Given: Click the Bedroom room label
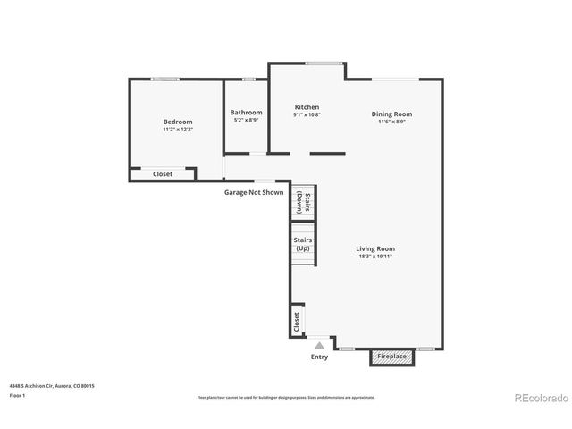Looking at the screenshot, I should click(x=177, y=122).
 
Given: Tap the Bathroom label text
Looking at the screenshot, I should click(x=248, y=113).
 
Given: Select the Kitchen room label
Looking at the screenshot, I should click(x=307, y=107).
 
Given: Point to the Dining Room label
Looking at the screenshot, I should click(x=392, y=114).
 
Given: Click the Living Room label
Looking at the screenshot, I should click(x=375, y=248).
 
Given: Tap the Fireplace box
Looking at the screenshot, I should click(x=391, y=357).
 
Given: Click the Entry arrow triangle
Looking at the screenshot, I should click(x=319, y=345).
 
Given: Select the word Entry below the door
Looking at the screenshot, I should click(x=319, y=357).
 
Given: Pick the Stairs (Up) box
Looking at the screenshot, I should click(x=302, y=244).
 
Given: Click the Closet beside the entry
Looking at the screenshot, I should click(x=297, y=321).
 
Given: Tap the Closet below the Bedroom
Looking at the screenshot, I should click(x=163, y=174).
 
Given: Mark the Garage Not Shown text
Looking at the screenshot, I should click(x=253, y=192).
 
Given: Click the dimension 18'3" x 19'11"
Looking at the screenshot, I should click(x=375, y=257).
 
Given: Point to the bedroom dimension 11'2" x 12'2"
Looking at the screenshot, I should click(x=177, y=130).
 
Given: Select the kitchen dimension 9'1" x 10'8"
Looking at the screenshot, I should click(x=307, y=115).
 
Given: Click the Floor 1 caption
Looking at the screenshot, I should click(x=18, y=395).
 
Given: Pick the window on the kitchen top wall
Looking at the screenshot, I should click(x=324, y=63).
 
